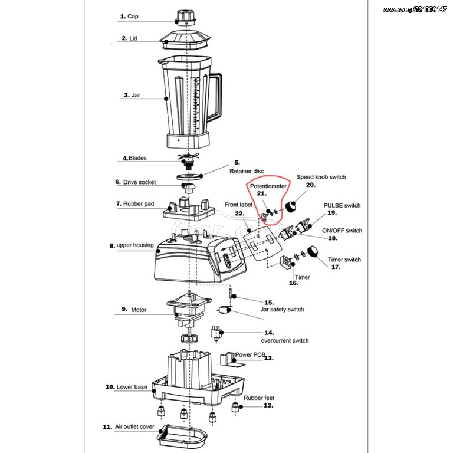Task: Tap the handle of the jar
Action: click(x=216, y=97)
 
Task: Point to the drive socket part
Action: click(x=189, y=188)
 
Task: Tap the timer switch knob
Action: click(x=312, y=252)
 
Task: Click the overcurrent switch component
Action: click(x=216, y=334)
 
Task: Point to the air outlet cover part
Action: click(x=182, y=436)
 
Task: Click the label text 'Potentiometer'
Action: click(x=268, y=186)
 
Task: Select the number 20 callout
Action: click(x=311, y=185)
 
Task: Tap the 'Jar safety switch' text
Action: click(x=282, y=310)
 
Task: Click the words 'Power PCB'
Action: click(x=250, y=354)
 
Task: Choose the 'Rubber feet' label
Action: click(x=259, y=398)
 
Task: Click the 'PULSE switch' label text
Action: click(x=342, y=205)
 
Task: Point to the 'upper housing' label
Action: click(x=135, y=245)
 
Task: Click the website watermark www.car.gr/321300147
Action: click(x=414, y=9)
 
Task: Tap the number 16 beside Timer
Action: click(x=294, y=283)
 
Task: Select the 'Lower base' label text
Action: click(x=132, y=387)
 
